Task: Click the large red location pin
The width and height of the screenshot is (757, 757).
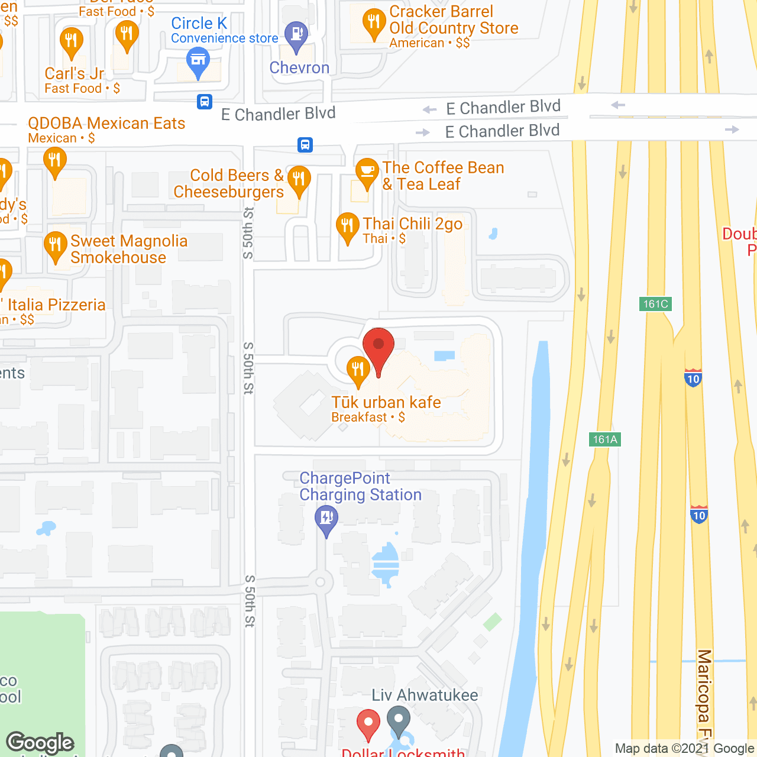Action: pyautogui.click(x=378, y=346)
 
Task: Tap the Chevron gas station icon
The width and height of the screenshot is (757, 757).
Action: pyautogui.click(x=296, y=35)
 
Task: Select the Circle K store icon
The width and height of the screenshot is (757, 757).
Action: pyautogui.click(x=198, y=61)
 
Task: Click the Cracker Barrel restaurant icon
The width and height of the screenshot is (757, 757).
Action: pyautogui.click(x=374, y=23)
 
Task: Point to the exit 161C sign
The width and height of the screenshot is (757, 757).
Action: pyautogui.click(x=655, y=304)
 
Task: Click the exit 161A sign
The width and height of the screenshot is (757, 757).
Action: pyautogui.click(x=605, y=439)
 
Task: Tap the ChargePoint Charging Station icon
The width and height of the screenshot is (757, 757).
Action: pyautogui.click(x=326, y=519)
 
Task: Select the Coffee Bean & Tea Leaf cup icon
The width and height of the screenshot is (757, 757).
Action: pyautogui.click(x=367, y=172)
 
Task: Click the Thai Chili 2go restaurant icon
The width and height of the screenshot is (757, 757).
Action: pyautogui.click(x=347, y=226)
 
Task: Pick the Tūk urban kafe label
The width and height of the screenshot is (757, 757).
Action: pyautogui.click(x=386, y=403)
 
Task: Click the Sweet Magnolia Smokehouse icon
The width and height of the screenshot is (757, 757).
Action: pyautogui.click(x=55, y=245)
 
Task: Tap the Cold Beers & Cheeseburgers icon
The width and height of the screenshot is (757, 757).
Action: pyautogui.click(x=299, y=179)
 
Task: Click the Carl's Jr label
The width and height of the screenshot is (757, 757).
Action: pyautogui.click(x=75, y=74)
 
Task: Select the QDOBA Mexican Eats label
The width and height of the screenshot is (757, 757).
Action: pyautogui.click(x=106, y=123)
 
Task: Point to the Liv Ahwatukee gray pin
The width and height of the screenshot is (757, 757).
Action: pyautogui.click(x=399, y=720)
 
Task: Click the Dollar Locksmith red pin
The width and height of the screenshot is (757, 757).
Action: pyautogui.click(x=368, y=723)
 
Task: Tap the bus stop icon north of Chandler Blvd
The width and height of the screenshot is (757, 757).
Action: pyautogui.click(x=205, y=102)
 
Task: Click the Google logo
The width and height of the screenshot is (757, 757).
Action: pyautogui.click(x=40, y=742)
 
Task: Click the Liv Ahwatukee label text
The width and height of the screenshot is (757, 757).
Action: pyautogui.click(x=425, y=695)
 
